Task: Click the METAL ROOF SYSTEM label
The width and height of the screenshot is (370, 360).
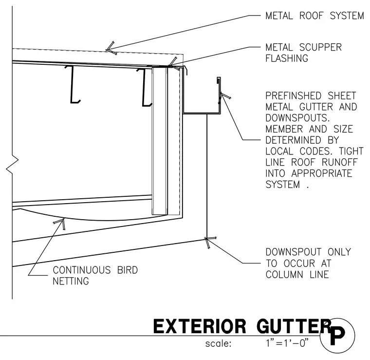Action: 314,16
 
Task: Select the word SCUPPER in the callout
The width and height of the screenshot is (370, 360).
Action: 320,47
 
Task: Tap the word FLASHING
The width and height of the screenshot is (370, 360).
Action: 287,58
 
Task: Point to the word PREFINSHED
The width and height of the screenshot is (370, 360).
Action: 293,96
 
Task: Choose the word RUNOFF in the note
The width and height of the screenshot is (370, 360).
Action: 340,162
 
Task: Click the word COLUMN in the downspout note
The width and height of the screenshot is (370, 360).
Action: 284,275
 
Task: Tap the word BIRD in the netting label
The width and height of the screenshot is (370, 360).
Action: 128,270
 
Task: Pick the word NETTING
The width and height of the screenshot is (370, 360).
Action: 71,281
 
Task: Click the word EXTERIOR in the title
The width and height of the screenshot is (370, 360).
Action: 200,326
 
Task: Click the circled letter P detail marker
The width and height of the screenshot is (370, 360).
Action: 337,336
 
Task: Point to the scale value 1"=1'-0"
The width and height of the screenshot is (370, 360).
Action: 287,343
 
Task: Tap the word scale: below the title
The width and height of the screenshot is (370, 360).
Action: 218,344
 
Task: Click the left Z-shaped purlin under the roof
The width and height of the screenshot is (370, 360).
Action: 73,84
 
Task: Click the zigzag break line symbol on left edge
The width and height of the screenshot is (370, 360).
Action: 12,165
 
